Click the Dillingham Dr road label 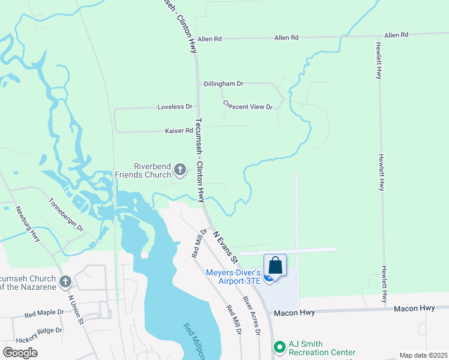tap(223, 84)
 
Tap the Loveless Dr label tap(175, 107)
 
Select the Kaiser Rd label tap(179, 131)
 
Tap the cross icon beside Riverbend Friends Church tap(179, 171)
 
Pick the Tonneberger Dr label tap(67, 215)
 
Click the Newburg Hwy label tap(28, 224)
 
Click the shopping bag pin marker tap(275, 265)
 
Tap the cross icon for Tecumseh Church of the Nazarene tap(65, 281)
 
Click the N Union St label tap(76, 309)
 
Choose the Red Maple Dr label tap(44, 313)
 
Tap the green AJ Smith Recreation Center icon tap(279, 347)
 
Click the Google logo tap(20, 353)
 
